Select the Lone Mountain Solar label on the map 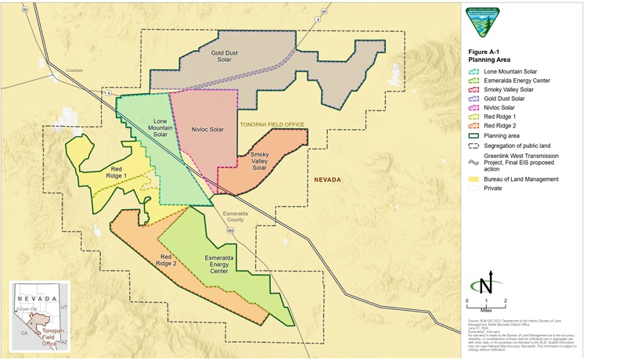[160, 128]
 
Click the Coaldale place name [74, 70]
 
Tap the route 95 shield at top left [25, 9]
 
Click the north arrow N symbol [487, 283]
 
